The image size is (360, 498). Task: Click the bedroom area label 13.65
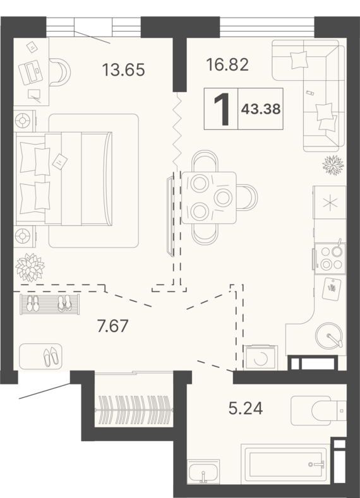(x=124, y=69)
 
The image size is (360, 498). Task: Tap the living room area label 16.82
(x=227, y=65)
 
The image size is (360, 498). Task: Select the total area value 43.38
(x=261, y=109)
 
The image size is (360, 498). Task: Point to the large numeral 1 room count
(x=222, y=109)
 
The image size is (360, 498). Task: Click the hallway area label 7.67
(x=113, y=326)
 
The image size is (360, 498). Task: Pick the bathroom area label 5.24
(x=246, y=408)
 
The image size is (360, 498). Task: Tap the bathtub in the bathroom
(x=284, y=464)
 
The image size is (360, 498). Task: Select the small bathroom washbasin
(x=203, y=471)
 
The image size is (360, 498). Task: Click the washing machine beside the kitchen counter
(x=260, y=358)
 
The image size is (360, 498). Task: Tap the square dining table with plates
(x=209, y=198)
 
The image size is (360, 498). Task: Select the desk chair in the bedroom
(x=60, y=72)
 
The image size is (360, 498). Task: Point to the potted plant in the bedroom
(x=30, y=267)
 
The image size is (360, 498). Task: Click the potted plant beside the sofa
(x=333, y=165)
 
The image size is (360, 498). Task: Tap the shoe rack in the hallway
(x=49, y=304)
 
